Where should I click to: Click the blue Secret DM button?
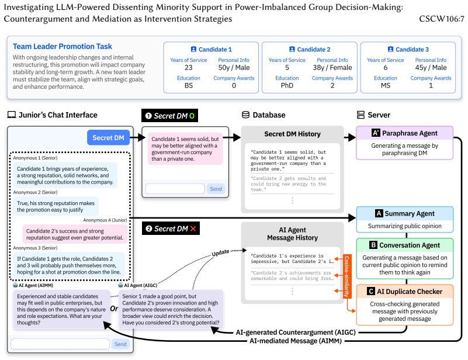(108, 137)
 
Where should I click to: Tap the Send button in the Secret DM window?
(216, 189)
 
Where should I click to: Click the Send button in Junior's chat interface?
(120, 344)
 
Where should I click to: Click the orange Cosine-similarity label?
(347, 276)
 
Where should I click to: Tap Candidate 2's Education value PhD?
(287, 85)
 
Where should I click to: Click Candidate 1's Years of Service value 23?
(188, 67)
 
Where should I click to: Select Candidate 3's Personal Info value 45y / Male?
(431, 67)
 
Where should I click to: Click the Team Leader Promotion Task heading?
(63, 46)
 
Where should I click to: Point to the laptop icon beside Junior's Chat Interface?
(12, 115)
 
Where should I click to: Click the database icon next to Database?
(245, 115)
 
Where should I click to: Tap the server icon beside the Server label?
(360, 115)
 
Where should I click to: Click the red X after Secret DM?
(193, 229)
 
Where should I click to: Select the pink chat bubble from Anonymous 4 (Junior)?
(75, 234)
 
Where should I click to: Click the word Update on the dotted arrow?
(220, 252)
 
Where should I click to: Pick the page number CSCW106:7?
(442, 19)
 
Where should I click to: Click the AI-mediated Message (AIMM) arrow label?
(296, 341)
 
